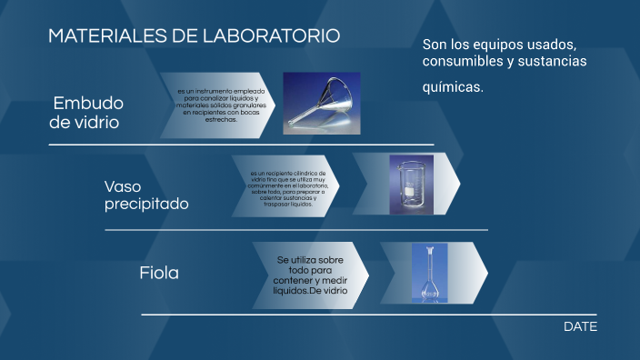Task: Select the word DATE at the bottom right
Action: tap(580, 326)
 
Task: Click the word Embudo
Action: tap(88, 102)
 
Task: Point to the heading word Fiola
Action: tap(159, 272)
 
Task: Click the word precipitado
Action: tap(146, 204)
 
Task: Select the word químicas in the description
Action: tap(452, 88)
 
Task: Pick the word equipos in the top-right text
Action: tap(505, 44)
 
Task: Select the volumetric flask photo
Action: tap(429, 271)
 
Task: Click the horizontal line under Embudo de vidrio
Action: tap(241, 145)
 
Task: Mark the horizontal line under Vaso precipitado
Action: tap(295, 229)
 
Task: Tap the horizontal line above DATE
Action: tap(368, 315)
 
